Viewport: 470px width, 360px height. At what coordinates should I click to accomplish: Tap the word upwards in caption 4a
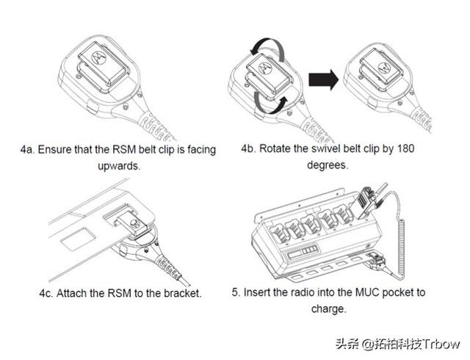pos(118,166)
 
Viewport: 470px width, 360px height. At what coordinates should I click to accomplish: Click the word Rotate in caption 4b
pos(275,149)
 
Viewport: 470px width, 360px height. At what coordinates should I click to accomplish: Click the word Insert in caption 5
pos(258,292)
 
